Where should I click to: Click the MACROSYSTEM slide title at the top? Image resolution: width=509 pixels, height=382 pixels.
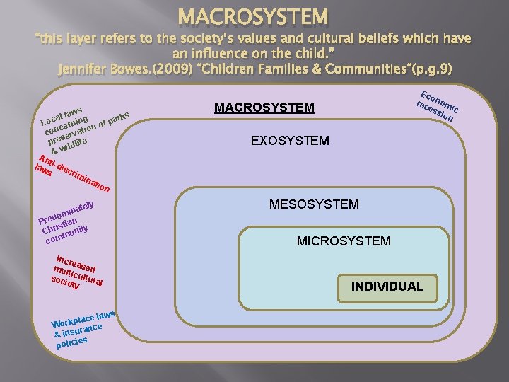point(253,15)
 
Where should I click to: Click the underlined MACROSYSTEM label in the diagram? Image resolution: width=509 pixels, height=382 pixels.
point(264,108)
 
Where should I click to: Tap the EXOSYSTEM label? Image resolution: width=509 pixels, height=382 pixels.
point(290,141)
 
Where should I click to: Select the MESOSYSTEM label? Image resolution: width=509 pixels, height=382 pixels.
point(314,205)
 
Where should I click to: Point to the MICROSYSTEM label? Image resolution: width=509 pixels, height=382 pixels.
point(344,241)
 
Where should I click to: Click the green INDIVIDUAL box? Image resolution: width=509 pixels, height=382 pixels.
point(387,286)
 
